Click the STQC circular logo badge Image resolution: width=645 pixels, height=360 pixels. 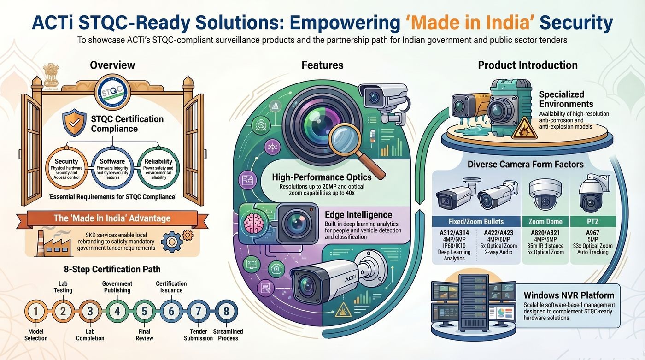112,92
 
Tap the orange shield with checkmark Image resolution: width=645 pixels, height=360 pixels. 75,123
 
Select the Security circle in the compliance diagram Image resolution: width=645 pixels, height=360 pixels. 66,168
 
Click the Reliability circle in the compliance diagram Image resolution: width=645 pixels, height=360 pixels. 158,168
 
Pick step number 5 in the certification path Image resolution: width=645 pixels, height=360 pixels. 144,311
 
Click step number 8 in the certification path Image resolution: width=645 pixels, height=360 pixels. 226,311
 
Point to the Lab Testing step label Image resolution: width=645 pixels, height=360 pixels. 63,287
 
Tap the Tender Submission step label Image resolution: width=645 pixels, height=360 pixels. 198,335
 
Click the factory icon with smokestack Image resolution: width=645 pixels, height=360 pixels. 53,244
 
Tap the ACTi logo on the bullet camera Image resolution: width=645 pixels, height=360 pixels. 350,278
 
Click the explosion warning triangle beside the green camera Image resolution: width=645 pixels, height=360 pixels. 524,129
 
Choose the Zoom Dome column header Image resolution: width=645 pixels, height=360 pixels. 545,221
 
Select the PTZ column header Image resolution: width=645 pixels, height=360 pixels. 592,221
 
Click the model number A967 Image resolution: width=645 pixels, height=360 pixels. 592,233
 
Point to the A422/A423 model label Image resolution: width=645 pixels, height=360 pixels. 498,233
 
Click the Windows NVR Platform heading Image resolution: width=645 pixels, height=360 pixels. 569,295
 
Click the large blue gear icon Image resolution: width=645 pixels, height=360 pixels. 171,242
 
